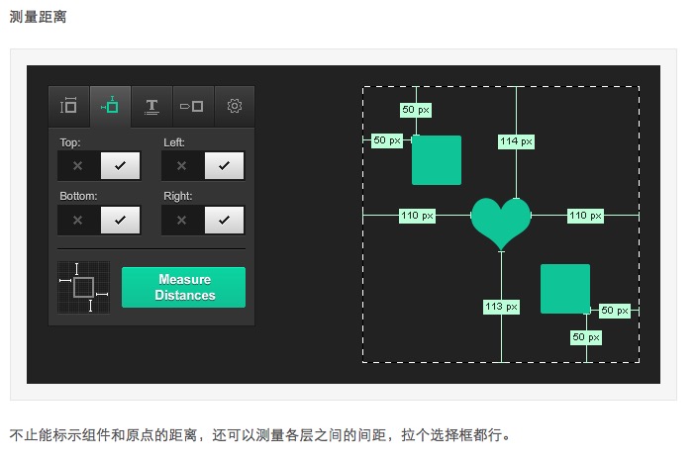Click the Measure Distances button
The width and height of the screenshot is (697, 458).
(x=183, y=287)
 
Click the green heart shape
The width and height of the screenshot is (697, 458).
(x=500, y=221)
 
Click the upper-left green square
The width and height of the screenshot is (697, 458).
(x=437, y=160)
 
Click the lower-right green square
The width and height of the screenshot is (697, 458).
(x=565, y=289)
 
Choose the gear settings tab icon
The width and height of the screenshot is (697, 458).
(x=235, y=106)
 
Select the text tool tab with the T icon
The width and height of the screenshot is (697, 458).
(x=151, y=106)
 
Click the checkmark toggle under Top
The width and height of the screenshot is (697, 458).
(x=120, y=166)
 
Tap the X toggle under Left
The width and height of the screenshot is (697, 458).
(x=182, y=166)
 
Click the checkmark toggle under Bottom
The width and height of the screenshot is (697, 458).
(x=120, y=220)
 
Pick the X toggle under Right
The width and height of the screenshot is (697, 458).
(x=182, y=220)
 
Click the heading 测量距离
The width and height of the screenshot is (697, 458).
(x=38, y=17)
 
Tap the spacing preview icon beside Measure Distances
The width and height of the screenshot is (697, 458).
(x=83, y=288)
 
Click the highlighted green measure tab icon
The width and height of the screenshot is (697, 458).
(x=110, y=106)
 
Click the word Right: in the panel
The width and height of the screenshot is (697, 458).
(x=177, y=196)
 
